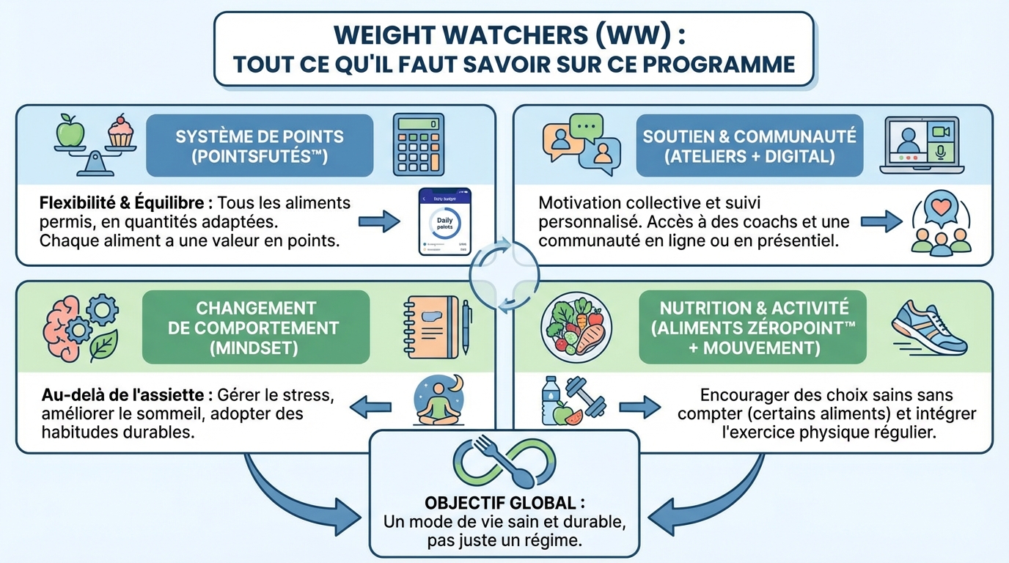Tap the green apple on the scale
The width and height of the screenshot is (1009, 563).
pos(71,131)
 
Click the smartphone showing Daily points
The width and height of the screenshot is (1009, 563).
pos(444,221)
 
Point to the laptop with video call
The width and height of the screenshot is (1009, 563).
pos(921,145)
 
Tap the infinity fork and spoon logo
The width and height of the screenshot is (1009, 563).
pos(504,463)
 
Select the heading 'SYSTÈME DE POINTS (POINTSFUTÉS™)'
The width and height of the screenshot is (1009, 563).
pos(259,146)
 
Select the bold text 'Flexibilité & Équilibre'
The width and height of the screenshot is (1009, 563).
pos(117,202)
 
